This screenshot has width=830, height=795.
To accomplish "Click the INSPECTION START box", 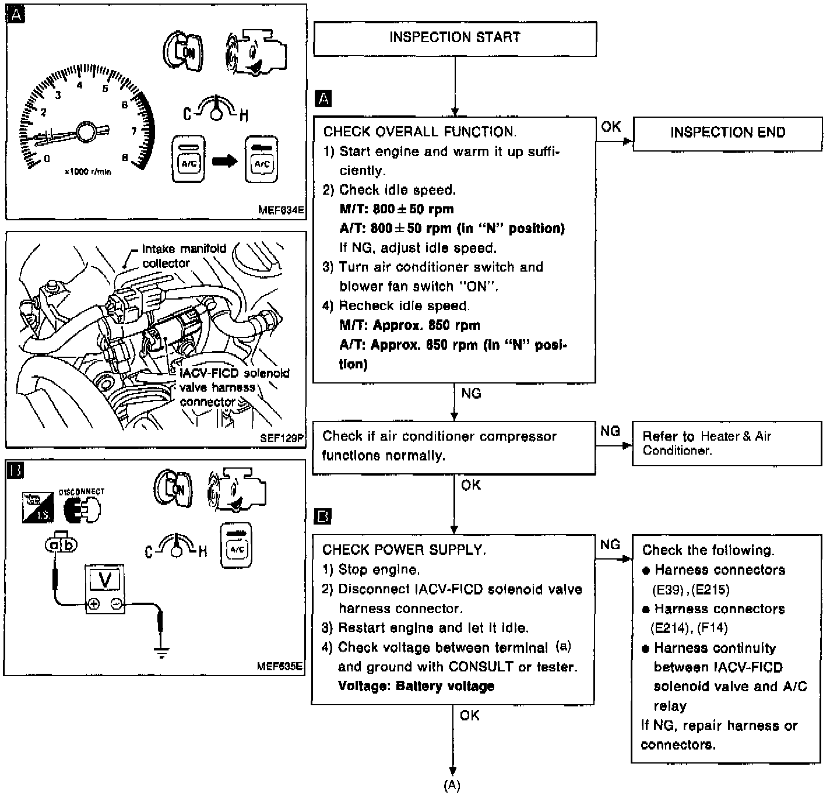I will [x=455, y=38].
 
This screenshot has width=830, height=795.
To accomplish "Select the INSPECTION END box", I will [x=727, y=133].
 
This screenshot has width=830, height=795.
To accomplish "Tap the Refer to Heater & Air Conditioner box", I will [x=726, y=444].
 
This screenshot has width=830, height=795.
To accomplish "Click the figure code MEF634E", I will [x=282, y=210].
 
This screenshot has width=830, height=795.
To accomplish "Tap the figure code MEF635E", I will [x=280, y=666].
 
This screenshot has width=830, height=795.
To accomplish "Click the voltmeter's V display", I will [x=105, y=581].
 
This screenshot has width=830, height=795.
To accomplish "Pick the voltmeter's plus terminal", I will [x=94, y=604].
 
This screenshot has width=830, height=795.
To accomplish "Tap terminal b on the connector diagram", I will [x=69, y=545].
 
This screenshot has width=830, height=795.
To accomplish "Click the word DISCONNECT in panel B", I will [x=82, y=492].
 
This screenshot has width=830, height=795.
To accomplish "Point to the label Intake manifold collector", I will [x=184, y=256].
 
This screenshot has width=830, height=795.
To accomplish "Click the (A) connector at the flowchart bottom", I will [x=452, y=785].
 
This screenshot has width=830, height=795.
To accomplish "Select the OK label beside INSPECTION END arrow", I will [x=611, y=126].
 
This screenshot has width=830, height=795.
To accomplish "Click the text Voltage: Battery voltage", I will [x=416, y=686].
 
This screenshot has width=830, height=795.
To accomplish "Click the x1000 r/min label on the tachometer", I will [x=87, y=172].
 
